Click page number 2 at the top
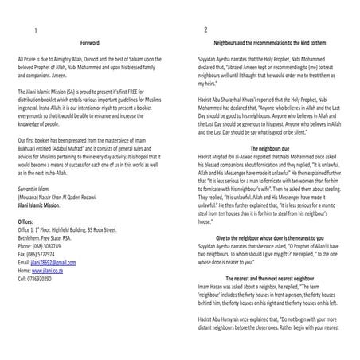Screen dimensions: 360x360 [205, 30]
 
